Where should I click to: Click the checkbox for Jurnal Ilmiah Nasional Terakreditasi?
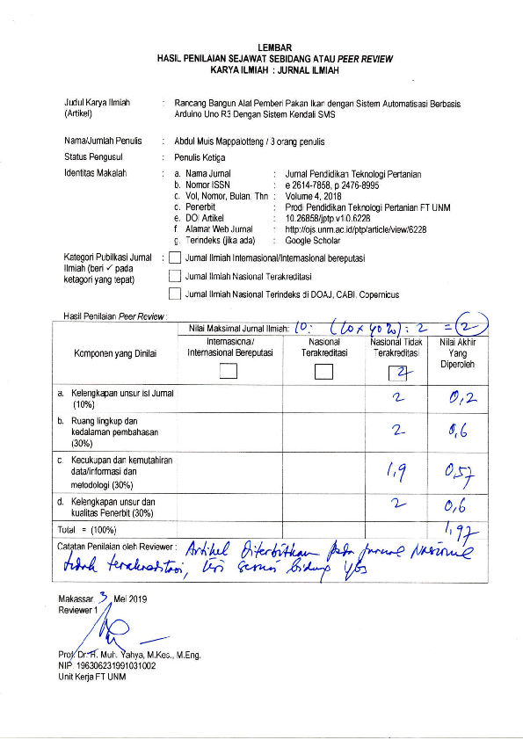click(x=176, y=276)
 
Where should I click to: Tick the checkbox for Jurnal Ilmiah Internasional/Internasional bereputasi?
click(x=176, y=258)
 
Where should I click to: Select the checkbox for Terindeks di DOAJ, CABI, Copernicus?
click(x=176, y=294)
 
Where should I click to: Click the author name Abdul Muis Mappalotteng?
click(x=223, y=141)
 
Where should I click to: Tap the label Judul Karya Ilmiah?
click(x=97, y=103)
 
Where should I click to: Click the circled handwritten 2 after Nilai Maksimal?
click(x=456, y=328)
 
